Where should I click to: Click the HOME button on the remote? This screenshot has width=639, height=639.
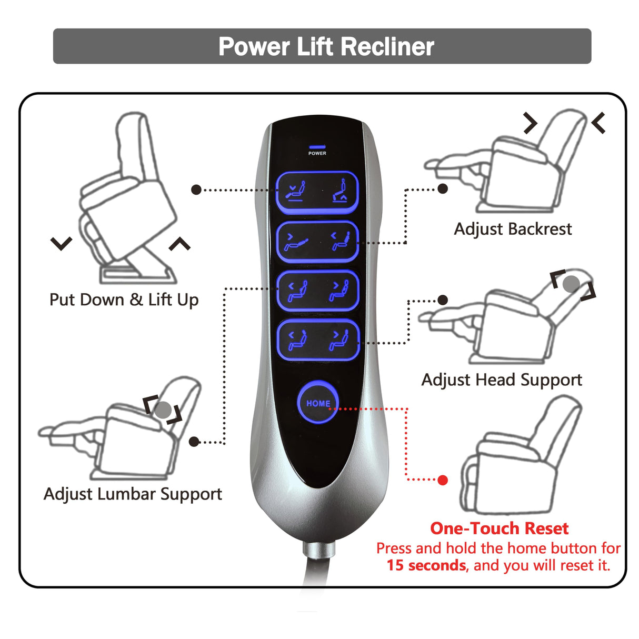click(x=318, y=403)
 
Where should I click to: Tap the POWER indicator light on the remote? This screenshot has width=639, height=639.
click(x=317, y=147)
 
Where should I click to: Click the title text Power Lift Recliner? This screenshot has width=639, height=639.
click(x=326, y=46)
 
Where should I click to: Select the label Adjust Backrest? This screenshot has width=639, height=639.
click(x=513, y=229)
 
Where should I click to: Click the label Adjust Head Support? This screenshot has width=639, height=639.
click(x=502, y=380)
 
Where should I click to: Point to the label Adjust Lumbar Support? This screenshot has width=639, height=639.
click(x=133, y=494)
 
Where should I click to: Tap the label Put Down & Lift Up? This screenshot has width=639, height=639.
click(x=124, y=299)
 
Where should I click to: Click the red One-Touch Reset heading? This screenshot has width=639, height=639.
click(x=499, y=528)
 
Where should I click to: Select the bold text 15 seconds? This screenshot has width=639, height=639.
click(x=426, y=565)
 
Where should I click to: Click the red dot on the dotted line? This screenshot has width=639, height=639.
click(x=443, y=480)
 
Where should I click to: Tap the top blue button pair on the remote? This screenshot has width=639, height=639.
click(x=317, y=192)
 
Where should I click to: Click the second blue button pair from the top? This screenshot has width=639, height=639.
click(x=317, y=242)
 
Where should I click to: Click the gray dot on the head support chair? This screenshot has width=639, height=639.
click(x=572, y=284)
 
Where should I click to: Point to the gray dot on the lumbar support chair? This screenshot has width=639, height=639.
click(x=163, y=410)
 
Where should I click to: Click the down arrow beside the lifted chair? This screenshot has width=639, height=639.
click(x=61, y=244)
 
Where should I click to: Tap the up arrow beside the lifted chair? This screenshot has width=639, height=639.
click(x=179, y=244)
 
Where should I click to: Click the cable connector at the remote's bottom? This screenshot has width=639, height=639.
click(x=319, y=550)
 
